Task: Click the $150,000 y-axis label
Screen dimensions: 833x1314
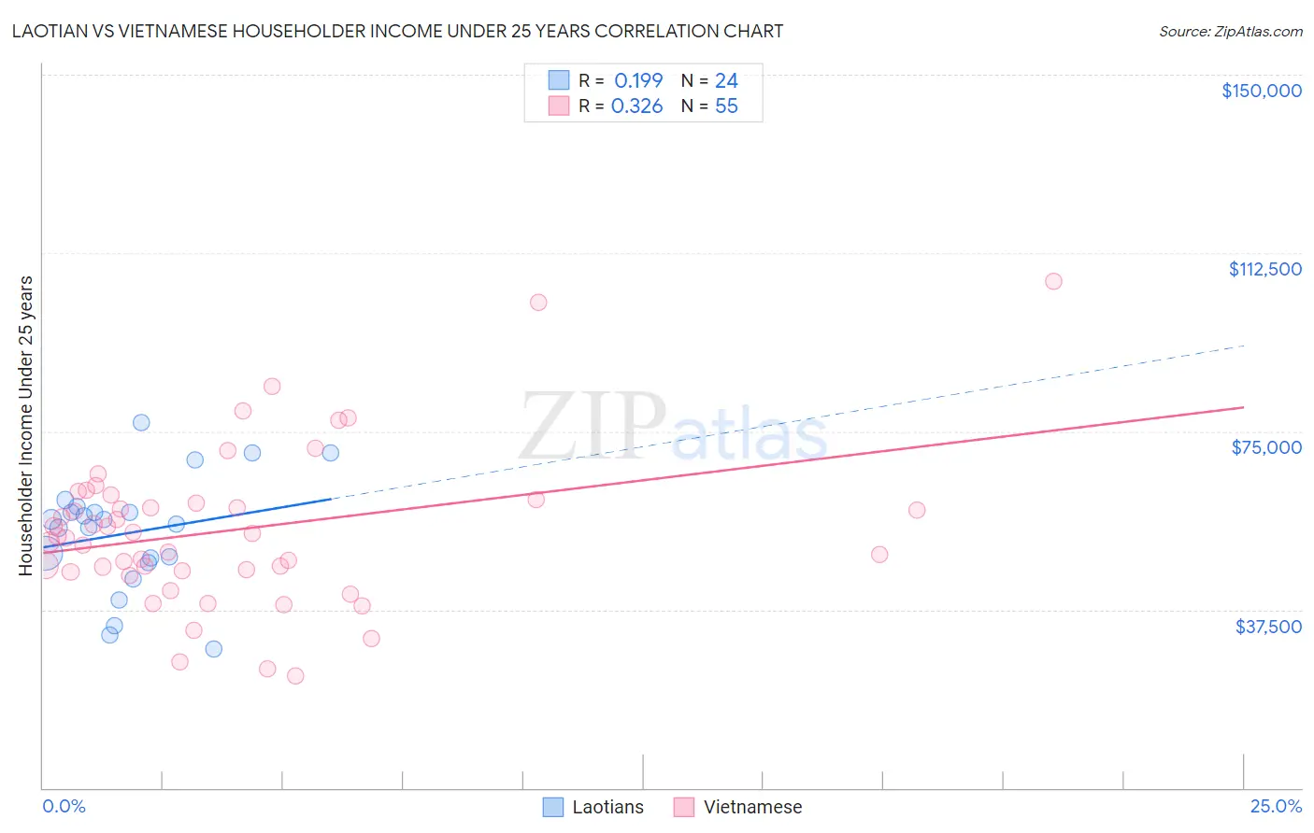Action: click(1261, 91)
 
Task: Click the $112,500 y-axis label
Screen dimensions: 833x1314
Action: click(1264, 269)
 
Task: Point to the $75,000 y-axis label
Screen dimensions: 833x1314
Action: click(1266, 447)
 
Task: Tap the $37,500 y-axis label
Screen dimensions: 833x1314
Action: click(1268, 627)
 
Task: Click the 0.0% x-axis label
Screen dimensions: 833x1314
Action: click(64, 807)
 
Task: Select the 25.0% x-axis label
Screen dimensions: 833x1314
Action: click(1276, 807)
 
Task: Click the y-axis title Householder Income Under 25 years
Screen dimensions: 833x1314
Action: click(26, 425)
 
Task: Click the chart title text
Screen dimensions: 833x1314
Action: click(397, 31)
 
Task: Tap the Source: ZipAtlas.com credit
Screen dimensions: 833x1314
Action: click(1230, 31)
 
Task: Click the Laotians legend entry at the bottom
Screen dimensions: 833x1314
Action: click(593, 807)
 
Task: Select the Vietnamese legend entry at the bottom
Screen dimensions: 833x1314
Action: click(737, 807)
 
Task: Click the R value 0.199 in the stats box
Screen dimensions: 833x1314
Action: click(637, 80)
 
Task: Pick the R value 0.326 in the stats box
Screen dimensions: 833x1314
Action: click(636, 106)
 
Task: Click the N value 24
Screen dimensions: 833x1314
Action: click(726, 80)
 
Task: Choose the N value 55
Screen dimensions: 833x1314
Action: click(726, 106)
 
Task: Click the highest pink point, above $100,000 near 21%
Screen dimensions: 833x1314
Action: click(1053, 281)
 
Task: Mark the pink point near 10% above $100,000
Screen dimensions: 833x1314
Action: click(538, 303)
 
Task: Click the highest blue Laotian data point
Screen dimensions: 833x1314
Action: click(141, 422)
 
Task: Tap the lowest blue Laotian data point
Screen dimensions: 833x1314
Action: click(214, 649)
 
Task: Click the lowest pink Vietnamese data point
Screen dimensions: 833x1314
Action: click(295, 676)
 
